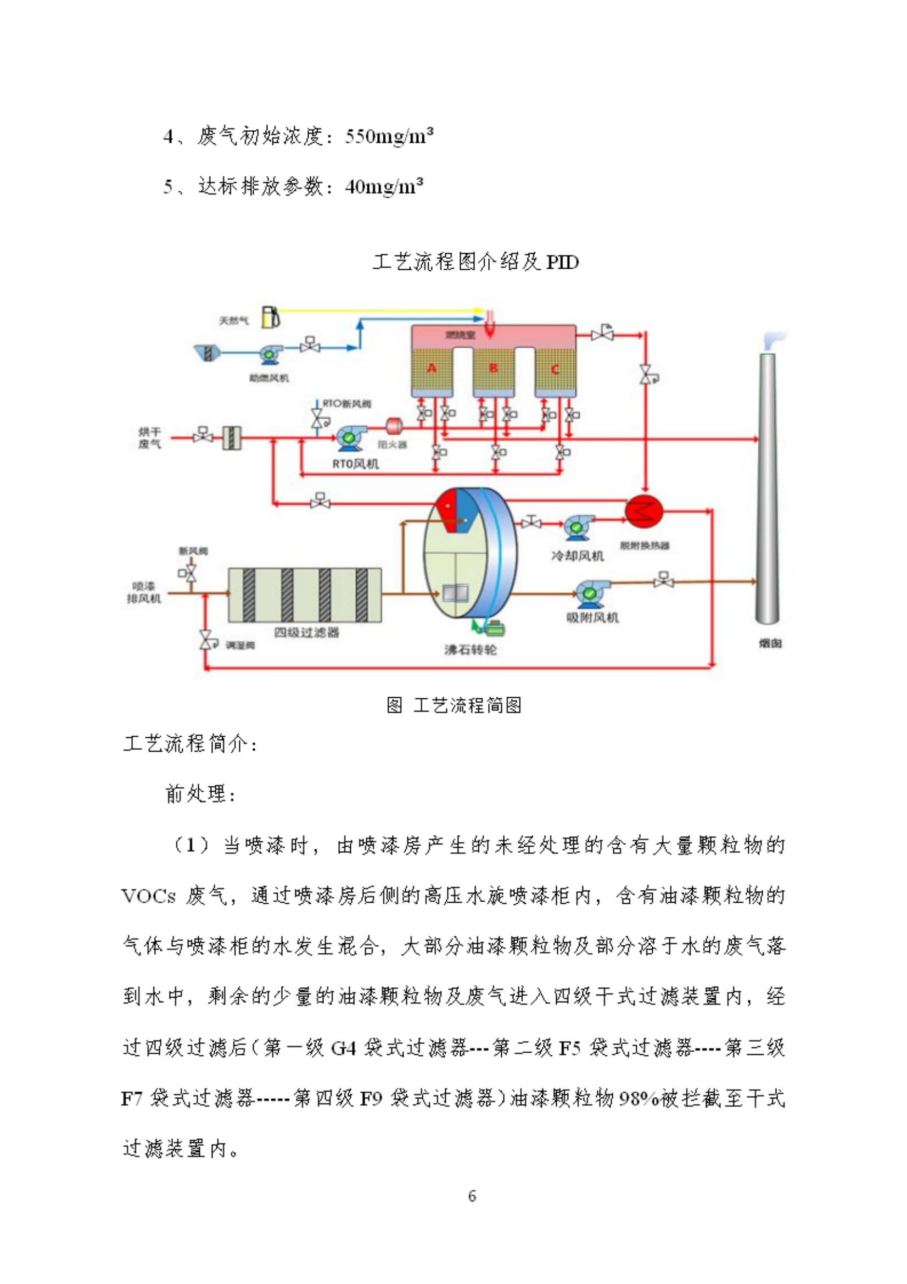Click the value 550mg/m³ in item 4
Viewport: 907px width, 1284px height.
pyautogui.click(x=389, y=136)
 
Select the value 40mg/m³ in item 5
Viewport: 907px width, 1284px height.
pyautogui.click(x=383, y=186)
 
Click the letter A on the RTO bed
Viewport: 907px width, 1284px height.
pyautogui.click(x=432, y=368)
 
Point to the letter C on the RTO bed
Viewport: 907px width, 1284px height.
pyautogui.click(x=555, y=369)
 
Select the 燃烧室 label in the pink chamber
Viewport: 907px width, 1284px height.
pyautogui.click(x=461, y=335)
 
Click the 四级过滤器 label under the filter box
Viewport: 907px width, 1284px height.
pyautogui.click(x=306, y=632)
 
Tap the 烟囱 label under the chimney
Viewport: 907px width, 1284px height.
pyautogui.click(x=770, y=644)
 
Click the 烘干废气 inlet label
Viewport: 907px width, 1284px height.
pyautogui.click(x=149, y=438)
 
